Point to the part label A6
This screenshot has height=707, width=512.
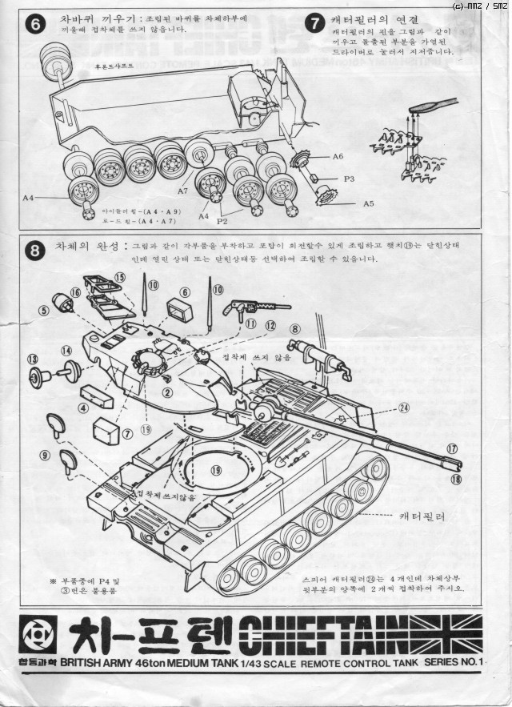pos(338,157)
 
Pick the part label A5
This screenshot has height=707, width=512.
pos(368,203)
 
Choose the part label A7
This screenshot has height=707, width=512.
pos(182,191)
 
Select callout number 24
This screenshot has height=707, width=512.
pos(403,407)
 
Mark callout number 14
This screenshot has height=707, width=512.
pos(66,350)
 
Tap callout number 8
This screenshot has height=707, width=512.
pos(294,328)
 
